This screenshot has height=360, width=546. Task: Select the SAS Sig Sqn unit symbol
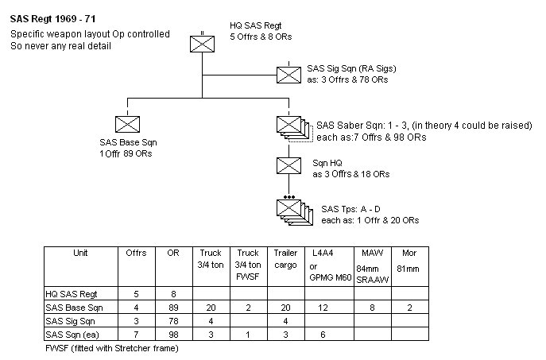point(287,74)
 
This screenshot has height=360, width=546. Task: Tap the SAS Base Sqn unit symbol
point(126,123)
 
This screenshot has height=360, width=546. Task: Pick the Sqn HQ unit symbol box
point(287,165)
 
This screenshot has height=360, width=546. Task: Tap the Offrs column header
point(136,254)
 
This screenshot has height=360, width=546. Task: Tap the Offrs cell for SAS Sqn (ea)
point(136,334)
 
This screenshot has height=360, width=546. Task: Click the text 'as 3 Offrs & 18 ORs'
point(350,173)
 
